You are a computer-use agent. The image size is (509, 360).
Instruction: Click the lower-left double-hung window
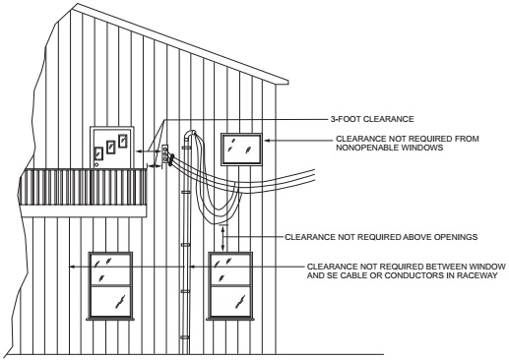(109, 285)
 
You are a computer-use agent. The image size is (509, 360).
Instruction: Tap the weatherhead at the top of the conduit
(193, 134)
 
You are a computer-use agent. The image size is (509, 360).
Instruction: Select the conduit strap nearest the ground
(185, 336)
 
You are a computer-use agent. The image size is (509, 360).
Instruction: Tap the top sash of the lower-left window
(109, 268)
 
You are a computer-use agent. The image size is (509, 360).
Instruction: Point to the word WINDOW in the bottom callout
(462, 267)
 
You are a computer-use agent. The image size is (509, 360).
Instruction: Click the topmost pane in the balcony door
(122, 140)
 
